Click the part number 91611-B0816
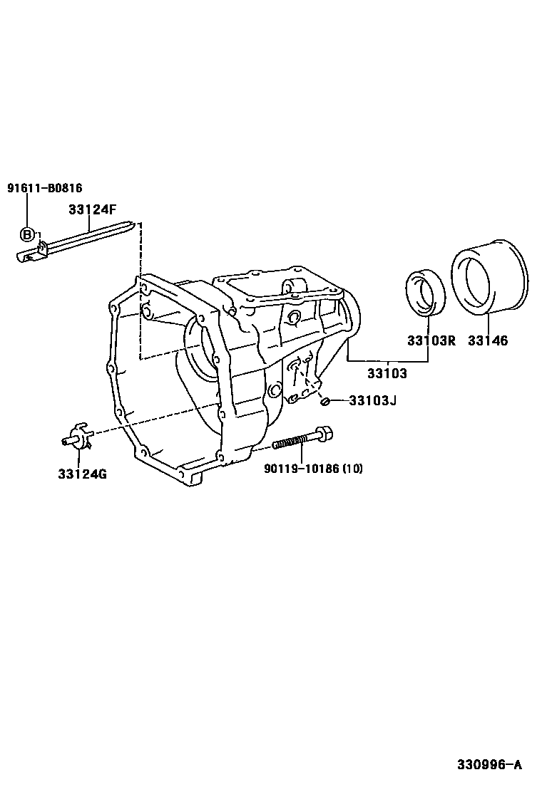pyautogui.click(x=45, y=188)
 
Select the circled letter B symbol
pyautogui.click(x=27, y=234)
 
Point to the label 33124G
pyautogui.click(x=83, y=474)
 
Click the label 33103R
pyautogui.click(x=431, y=340)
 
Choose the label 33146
pyautogui.click(x=488, y=340)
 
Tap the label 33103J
pyautogui.click(x=372, y=400)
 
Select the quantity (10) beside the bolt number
pyautogui.click(x=352, y=468)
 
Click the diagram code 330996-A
pyautogui.click(x=490, y=765)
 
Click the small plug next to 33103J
pyautogui.click(x=325, y=402)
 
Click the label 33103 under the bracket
pyautogui.click(x=387, y=372)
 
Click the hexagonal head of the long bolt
pyautogui.click(x=324, y=433)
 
